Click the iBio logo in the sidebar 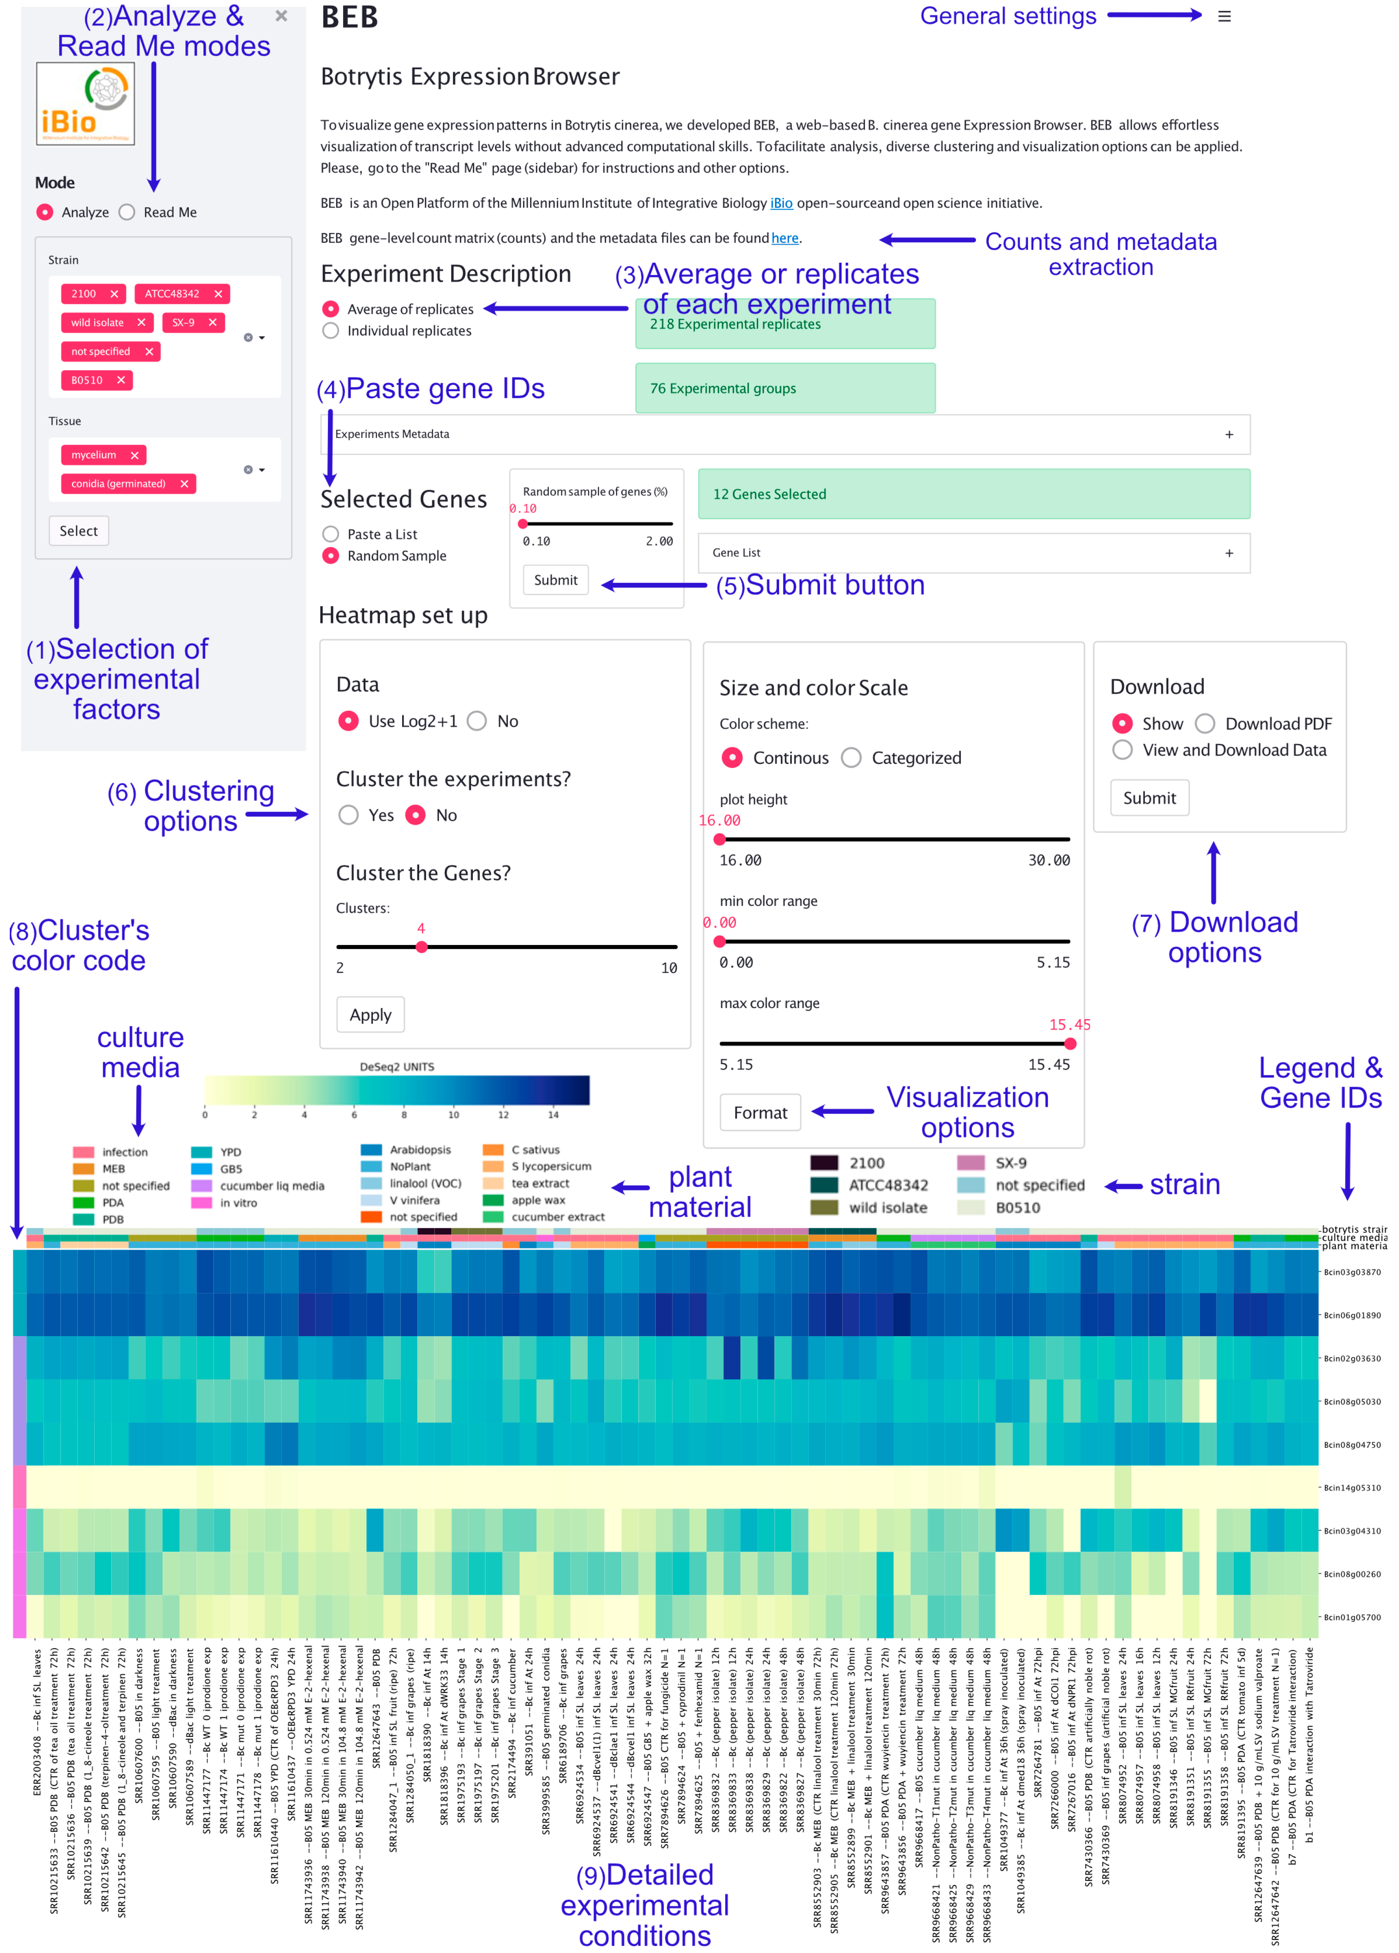[85, 103]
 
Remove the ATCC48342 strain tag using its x [218, 294]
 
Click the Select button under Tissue [78, 530]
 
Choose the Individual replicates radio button [331, 331]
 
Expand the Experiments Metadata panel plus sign [1228, 434]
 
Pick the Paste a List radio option [331, 534]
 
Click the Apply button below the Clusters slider [370, 1014]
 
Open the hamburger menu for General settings [1223, 16]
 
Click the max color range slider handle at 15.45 [1069, 1044]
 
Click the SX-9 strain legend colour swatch [970, 1162]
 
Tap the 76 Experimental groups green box [784, 388]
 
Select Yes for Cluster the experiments [349, 815]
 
